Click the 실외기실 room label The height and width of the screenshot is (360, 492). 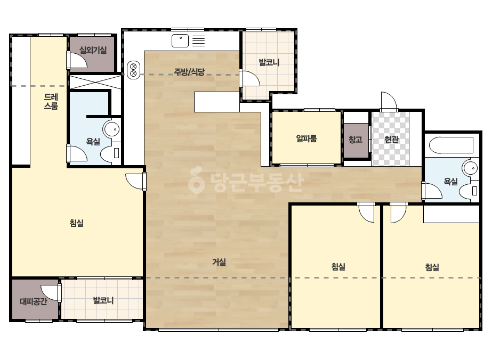[x=93, y=50]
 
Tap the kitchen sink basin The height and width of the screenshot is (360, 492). [x=180, y=41]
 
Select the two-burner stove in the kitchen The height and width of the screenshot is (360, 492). [x=133, y=70]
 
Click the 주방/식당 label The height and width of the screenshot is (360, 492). [x=189, y=72]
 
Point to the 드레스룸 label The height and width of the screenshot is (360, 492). [x=51, y=101]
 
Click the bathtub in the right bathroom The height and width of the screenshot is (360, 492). [x=451, y=145]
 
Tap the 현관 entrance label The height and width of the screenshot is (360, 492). [x=391, y=139]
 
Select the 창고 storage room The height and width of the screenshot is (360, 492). [x=356, y=140]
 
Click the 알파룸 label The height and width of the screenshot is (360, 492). [x=307, y=138]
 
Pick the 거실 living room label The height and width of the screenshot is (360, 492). [x=219, y=262]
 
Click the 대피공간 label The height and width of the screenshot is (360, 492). [x=34, y=301]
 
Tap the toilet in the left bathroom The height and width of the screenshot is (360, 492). [x=111, y=153]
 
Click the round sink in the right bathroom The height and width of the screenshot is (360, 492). [x=470, y=169]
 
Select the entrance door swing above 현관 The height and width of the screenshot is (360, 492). [x=389, y=102]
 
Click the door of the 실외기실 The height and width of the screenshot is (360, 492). [x=77, y=60]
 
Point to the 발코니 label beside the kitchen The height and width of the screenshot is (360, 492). [x=269, y=62]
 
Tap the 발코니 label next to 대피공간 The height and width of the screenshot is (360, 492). [x=103, y=300]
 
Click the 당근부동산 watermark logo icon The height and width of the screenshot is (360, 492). [x=196, y=180]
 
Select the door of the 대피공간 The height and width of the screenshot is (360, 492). [x=51, y=293]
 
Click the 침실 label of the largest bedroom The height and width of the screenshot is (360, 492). [x=77, y=223]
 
